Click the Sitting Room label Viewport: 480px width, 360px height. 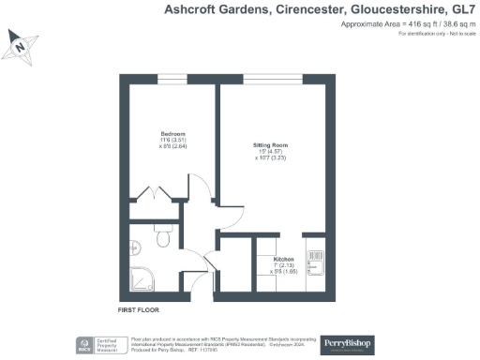[272, 145]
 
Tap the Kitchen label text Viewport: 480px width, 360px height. [283, 258]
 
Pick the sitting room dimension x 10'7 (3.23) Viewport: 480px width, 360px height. [272, 159]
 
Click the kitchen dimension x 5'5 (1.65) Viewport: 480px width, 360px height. [283, 272]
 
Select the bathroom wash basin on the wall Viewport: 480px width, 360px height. [135, 247]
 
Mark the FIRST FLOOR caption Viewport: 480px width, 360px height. [139, 308]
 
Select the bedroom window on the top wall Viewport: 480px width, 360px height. [162, 71]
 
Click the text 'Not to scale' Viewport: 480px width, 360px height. [456, 34]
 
